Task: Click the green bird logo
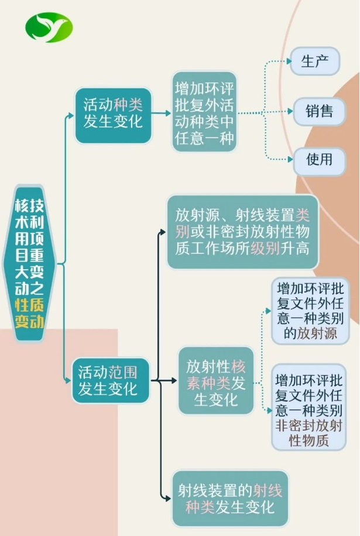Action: click(49, 28)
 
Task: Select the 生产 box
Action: click(316, 61)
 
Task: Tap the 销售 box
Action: click(319, 111)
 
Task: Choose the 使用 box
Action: click(319, 159)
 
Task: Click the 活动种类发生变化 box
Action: click(113, 115)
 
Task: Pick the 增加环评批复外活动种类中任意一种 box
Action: click(204, 112)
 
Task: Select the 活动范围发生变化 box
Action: click(111, 380)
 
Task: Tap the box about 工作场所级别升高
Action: click(242, 232)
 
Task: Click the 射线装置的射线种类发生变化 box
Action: click(229, 498)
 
